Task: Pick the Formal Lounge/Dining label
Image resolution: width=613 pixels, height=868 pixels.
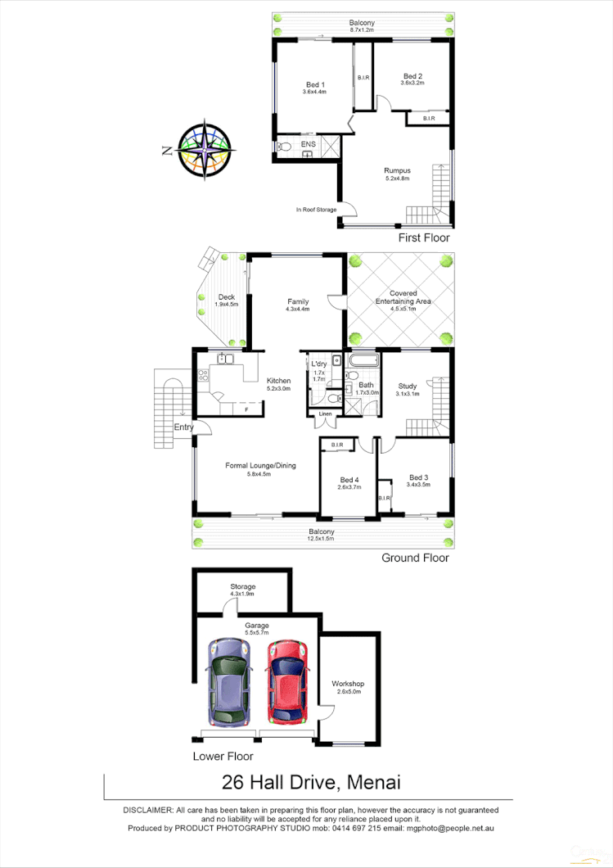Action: pyautogui.click(x=260, y=466)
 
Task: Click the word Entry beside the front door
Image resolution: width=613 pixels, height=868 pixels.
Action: pyautogui.click(x=183, y=427)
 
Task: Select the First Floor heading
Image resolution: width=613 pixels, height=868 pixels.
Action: pyautogui.click(x=423, y=237)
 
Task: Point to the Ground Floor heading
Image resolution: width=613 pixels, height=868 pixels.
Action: pyautogui.click(x=415, y=558)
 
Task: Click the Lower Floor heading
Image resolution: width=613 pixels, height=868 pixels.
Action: pyautogui.click(x=223, y=757)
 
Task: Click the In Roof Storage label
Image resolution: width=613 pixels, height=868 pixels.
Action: pyautogui.click(x=316, y=210)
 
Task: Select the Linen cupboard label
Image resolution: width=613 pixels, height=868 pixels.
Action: pyautogui.click(x=326, y=415)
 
